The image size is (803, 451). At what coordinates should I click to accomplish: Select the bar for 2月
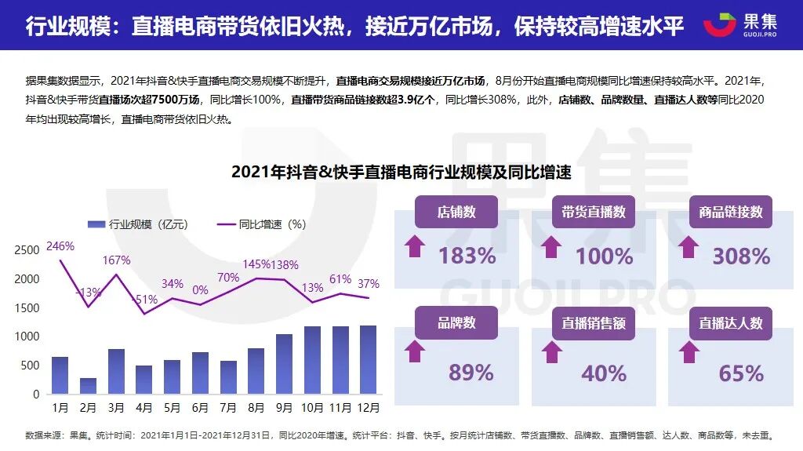pos(88,386)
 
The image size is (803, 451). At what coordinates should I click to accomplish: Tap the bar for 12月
pos(368,359)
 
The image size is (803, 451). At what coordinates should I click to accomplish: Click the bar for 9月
pos(284,364)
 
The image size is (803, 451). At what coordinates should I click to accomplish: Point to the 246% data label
pos(60,246)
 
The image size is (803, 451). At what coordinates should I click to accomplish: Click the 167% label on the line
pos(116,260)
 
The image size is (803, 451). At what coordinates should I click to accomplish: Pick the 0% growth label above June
pos(200,290)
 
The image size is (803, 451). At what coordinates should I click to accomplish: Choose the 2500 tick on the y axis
pos(27,250)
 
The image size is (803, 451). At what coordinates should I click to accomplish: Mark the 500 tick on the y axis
pos(30,366)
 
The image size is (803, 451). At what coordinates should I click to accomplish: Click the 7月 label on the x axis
pos(228,408)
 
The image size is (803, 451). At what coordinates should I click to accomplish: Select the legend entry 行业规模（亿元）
pos(136,224)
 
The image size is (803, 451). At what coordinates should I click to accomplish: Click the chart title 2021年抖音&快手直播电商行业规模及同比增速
pos(401,173)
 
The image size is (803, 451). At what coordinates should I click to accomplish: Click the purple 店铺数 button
pos(456,212)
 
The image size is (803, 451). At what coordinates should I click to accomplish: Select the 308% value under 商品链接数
pos(740,256)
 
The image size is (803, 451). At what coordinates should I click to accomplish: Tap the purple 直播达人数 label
pos(731,323)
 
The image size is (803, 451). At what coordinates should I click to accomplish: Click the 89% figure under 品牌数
pos(471,373)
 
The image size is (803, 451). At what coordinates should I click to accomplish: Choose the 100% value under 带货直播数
pos(604,256)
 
